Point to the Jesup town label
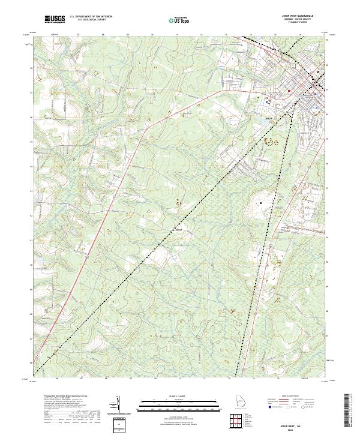pyautogui.click(x=269, y=118)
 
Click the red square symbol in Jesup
pyautogui.click(x=289, y=91)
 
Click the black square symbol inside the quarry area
pyautogui.click(x=261, y=203)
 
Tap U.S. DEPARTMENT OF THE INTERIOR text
pyautogui.click(x=91, y=17)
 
